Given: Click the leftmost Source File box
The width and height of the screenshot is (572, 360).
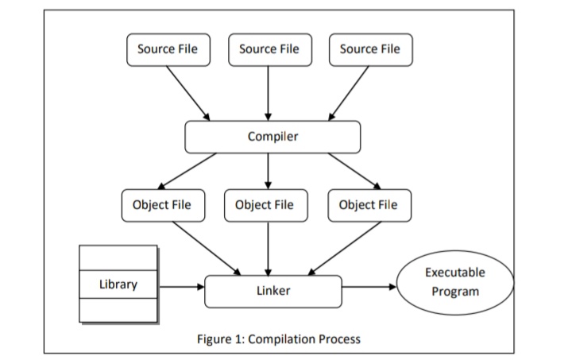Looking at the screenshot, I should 168,49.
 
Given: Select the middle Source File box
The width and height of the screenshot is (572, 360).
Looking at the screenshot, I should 269,49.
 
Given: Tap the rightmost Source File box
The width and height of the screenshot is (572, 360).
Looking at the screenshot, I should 369,49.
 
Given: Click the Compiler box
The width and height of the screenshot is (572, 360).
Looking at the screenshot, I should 272,137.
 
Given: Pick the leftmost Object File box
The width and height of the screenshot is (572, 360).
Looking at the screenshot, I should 162,205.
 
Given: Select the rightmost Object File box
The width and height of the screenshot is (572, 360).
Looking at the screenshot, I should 369,205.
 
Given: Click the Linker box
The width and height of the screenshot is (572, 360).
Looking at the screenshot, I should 272,291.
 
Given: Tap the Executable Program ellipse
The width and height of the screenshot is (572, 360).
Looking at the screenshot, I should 454,282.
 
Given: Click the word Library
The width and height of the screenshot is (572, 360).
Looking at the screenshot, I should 117,285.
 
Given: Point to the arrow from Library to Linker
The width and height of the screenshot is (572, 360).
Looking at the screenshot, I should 180,285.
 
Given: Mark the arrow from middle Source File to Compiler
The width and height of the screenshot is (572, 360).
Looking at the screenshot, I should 269,93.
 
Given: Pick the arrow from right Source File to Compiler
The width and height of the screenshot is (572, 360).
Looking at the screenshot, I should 350,93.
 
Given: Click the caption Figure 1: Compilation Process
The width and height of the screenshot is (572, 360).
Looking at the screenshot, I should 278,339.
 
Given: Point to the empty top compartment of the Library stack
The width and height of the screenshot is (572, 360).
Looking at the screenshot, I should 117,257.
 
